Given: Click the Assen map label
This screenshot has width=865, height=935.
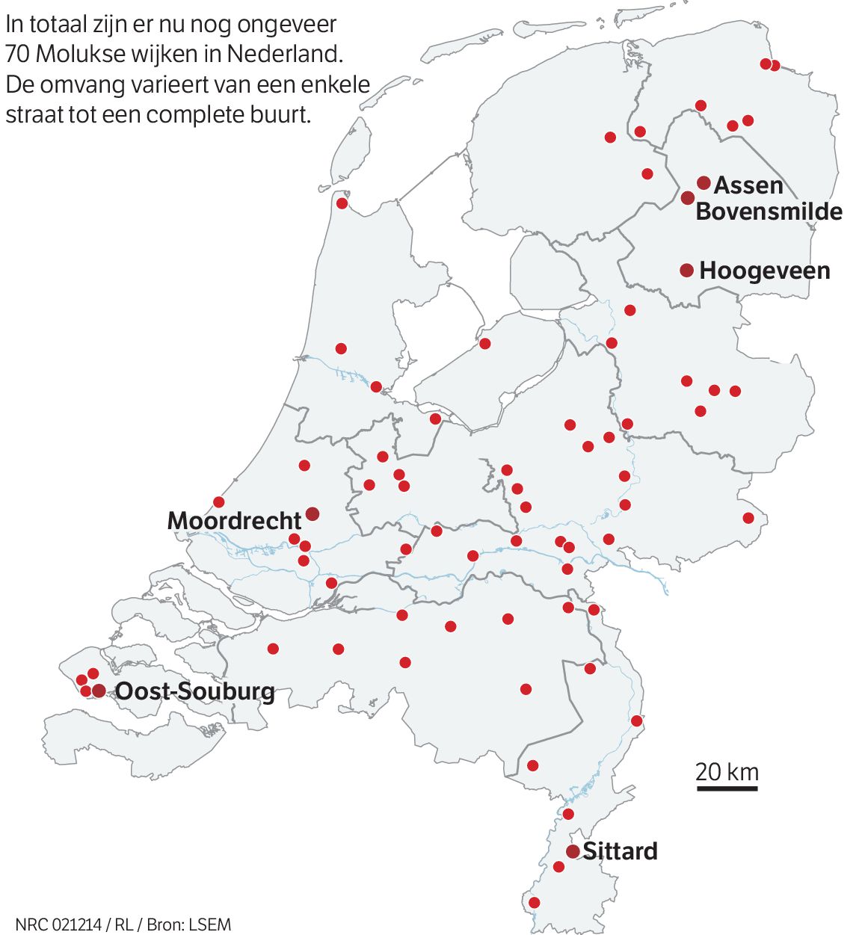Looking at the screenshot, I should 748,185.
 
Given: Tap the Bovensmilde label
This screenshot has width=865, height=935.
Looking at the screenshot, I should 769,212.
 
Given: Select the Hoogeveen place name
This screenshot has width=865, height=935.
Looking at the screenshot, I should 764,271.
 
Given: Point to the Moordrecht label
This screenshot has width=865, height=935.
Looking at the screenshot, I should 234,520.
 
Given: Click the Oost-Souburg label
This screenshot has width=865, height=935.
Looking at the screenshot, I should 194,691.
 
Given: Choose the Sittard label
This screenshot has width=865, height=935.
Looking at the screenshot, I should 620,851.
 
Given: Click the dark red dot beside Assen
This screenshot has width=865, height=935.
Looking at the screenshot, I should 704,182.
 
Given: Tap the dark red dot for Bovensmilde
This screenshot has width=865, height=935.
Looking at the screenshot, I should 688,197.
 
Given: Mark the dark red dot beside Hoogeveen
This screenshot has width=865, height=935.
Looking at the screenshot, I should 686,271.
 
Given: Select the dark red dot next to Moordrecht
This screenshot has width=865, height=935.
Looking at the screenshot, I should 313,513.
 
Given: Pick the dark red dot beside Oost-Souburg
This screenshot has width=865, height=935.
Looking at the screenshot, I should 99,691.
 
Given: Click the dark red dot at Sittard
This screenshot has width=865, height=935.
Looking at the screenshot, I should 573,851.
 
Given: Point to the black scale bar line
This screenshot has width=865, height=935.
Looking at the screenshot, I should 727,788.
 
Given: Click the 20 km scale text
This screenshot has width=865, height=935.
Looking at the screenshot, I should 727,771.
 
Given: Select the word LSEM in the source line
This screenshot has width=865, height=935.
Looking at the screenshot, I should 210,925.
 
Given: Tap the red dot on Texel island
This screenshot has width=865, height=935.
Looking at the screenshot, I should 342,203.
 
